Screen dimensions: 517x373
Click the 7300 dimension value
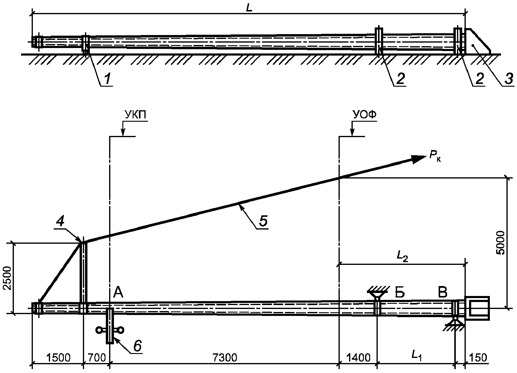pyautogui.click(x=225, y=358)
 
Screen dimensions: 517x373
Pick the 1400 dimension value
pyautogui.click(x=358, y=358)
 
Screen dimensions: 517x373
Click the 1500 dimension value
pyautogui.click(x=58, y=358)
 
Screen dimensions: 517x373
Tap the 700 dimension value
pyautogui.click(x=96, y=358)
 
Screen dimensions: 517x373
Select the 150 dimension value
pyautogui.click(x=478, y=358)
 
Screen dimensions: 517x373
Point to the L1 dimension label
pyautogui.click(x=416, y=356)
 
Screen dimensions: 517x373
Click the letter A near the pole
pyautogui.click(x=118, y=292)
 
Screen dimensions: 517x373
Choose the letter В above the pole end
pyautogui.click(x=443, y=292)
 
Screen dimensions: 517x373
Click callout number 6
pyautogui.click(x=137, y=346)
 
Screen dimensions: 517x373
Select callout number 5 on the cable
pyautogui.click(x=263, y=221)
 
